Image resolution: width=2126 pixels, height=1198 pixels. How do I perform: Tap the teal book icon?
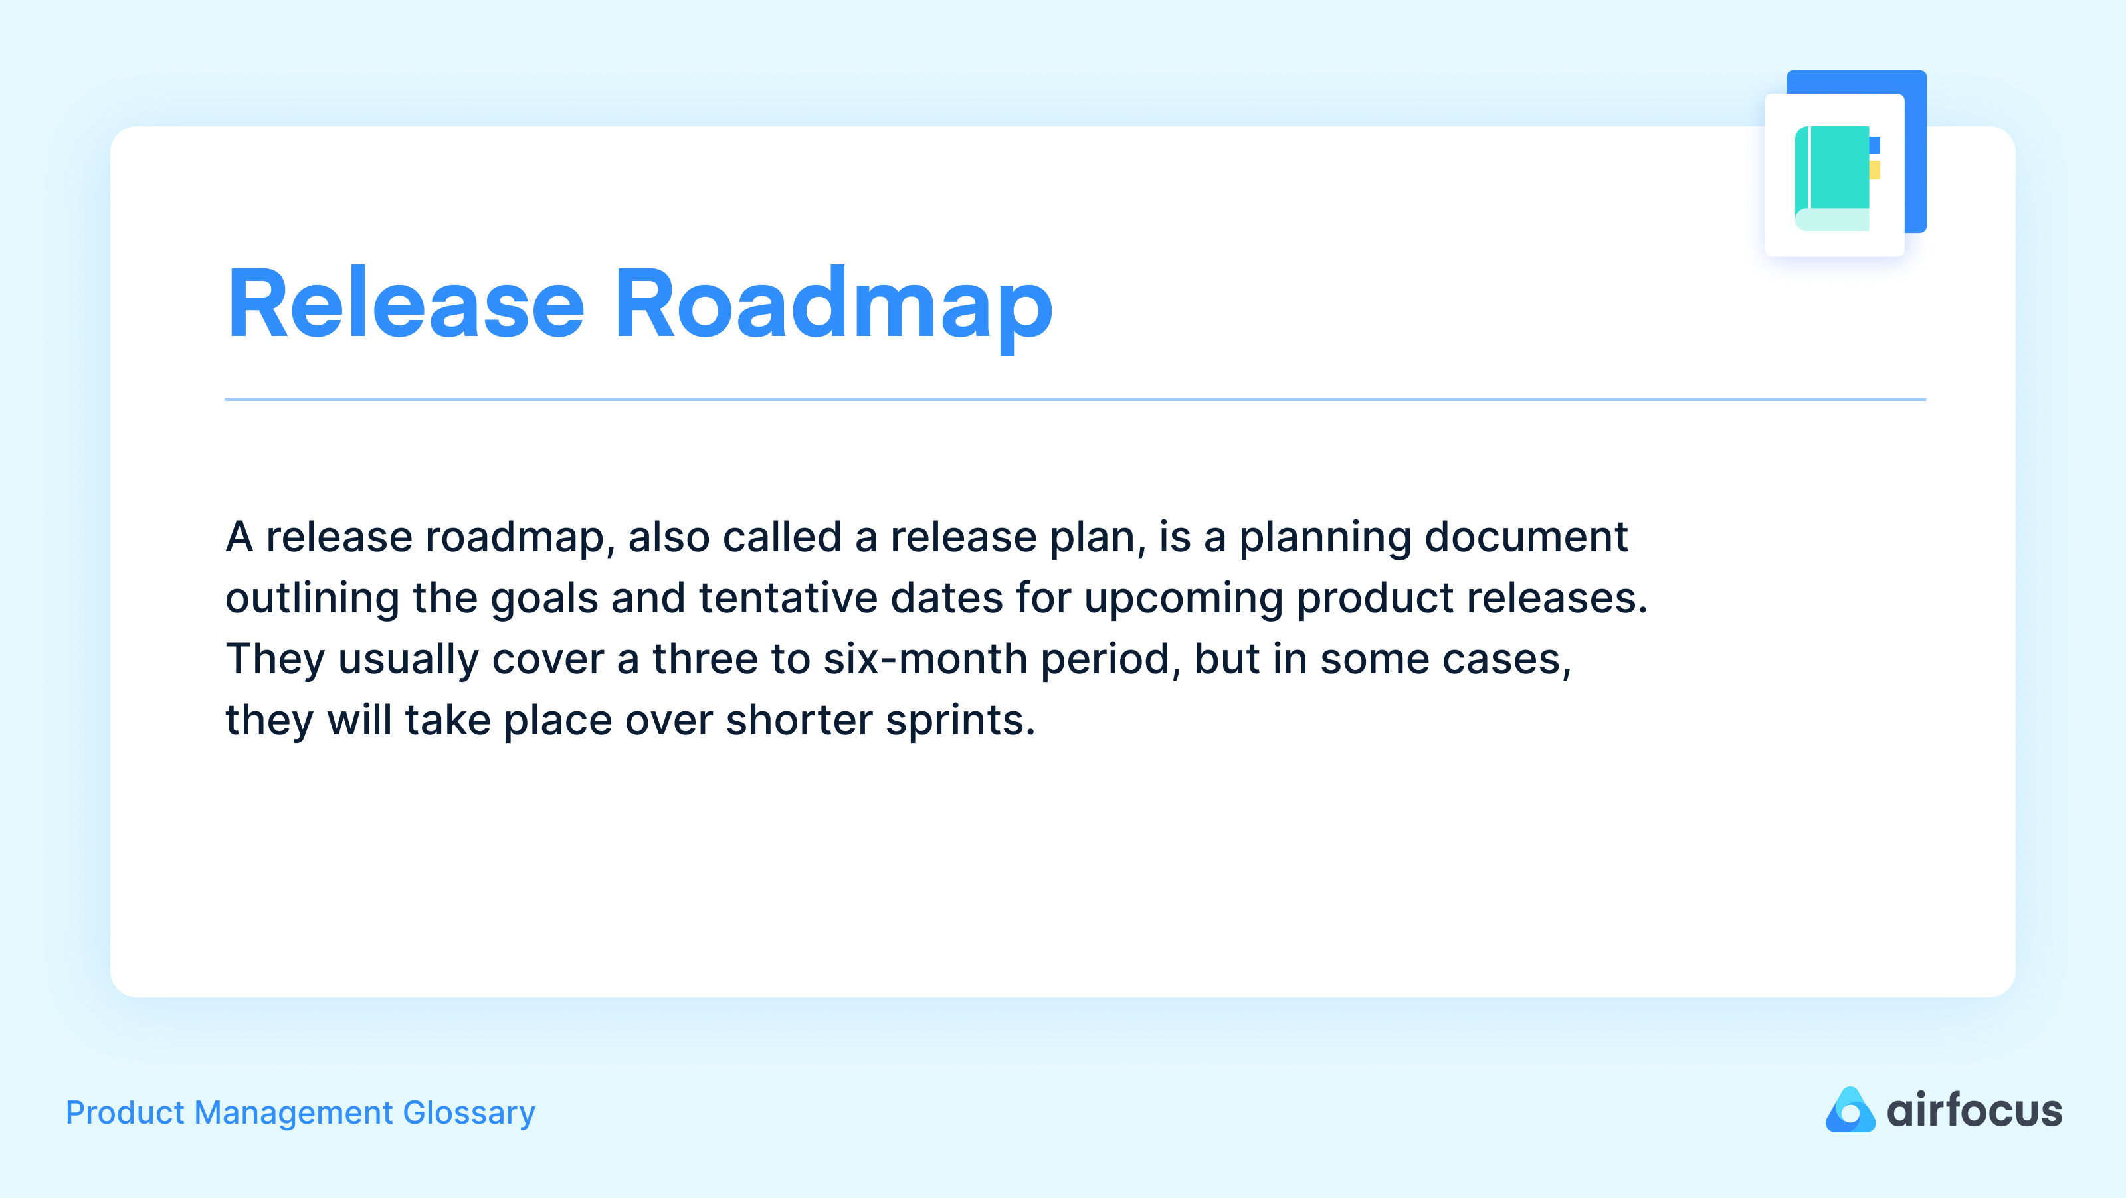[x=1832, y=177]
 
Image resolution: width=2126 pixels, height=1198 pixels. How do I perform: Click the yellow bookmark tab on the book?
[x=1875, y=170]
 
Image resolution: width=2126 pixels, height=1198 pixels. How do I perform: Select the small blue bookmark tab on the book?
[x=1875, y=145]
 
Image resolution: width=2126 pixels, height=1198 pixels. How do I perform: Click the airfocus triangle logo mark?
[x=1850, y=1110]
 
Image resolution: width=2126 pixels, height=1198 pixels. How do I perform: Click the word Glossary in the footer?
[x=469, y=1113]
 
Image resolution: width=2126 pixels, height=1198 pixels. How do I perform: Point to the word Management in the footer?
[x=294, y=1113]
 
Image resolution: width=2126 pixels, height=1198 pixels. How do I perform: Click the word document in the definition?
[x=1526, y=537]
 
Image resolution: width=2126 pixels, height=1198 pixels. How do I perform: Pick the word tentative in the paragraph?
[x=788, y=598]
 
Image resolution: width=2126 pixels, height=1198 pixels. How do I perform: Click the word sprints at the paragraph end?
[x=960, y=721]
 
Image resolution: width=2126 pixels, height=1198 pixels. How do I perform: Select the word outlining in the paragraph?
[x=312, y=598]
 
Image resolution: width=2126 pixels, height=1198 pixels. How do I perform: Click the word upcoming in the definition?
[x=1183, y=598]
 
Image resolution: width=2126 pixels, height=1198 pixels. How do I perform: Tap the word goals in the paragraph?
[x=544, y=598]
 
